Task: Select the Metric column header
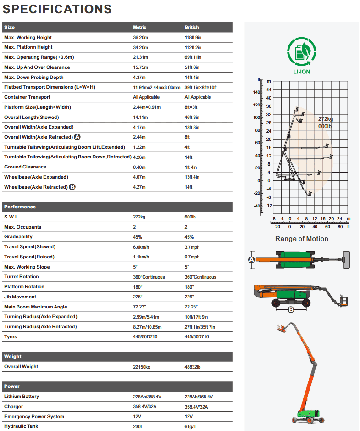click(139, 28)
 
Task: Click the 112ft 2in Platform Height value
click(193, 47)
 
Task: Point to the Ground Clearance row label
click(25, 167)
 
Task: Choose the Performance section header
click(20, 207)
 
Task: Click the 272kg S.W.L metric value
click(139, 217)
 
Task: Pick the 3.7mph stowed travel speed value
click(192, 247)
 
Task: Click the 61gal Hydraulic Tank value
click(190, 427)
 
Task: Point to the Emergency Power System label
click(34, 417)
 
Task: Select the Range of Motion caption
click(301, 239)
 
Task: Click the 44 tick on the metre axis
click(269, 90)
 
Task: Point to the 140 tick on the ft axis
click(256, 92)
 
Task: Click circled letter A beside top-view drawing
click(251, 260)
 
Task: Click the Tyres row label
click(11, 337)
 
